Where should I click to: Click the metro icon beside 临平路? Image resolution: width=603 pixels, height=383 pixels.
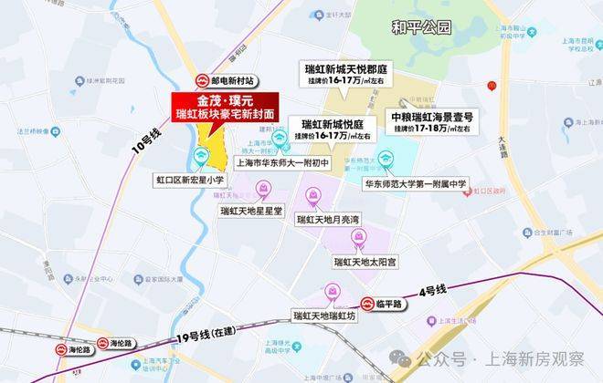tap(359, 304)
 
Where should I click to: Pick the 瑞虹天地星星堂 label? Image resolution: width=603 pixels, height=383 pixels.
tap(252, 209)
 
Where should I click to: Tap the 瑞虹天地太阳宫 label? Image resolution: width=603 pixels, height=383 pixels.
tap(365, 262)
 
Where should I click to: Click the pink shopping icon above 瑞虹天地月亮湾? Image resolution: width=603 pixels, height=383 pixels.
tap(313, 194)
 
